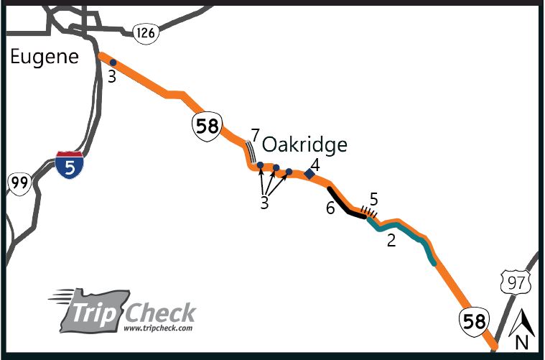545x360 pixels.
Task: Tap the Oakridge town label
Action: [304, 144]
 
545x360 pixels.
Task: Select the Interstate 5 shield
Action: [69, 165]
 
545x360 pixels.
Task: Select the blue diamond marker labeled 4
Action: [309, 173]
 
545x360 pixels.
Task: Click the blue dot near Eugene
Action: [113, 63]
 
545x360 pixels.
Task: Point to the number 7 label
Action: [254, 134]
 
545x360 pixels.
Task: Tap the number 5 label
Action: [373, 197]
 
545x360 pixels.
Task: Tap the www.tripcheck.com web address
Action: [158, 328]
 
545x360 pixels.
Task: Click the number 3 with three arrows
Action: [264, 203]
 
